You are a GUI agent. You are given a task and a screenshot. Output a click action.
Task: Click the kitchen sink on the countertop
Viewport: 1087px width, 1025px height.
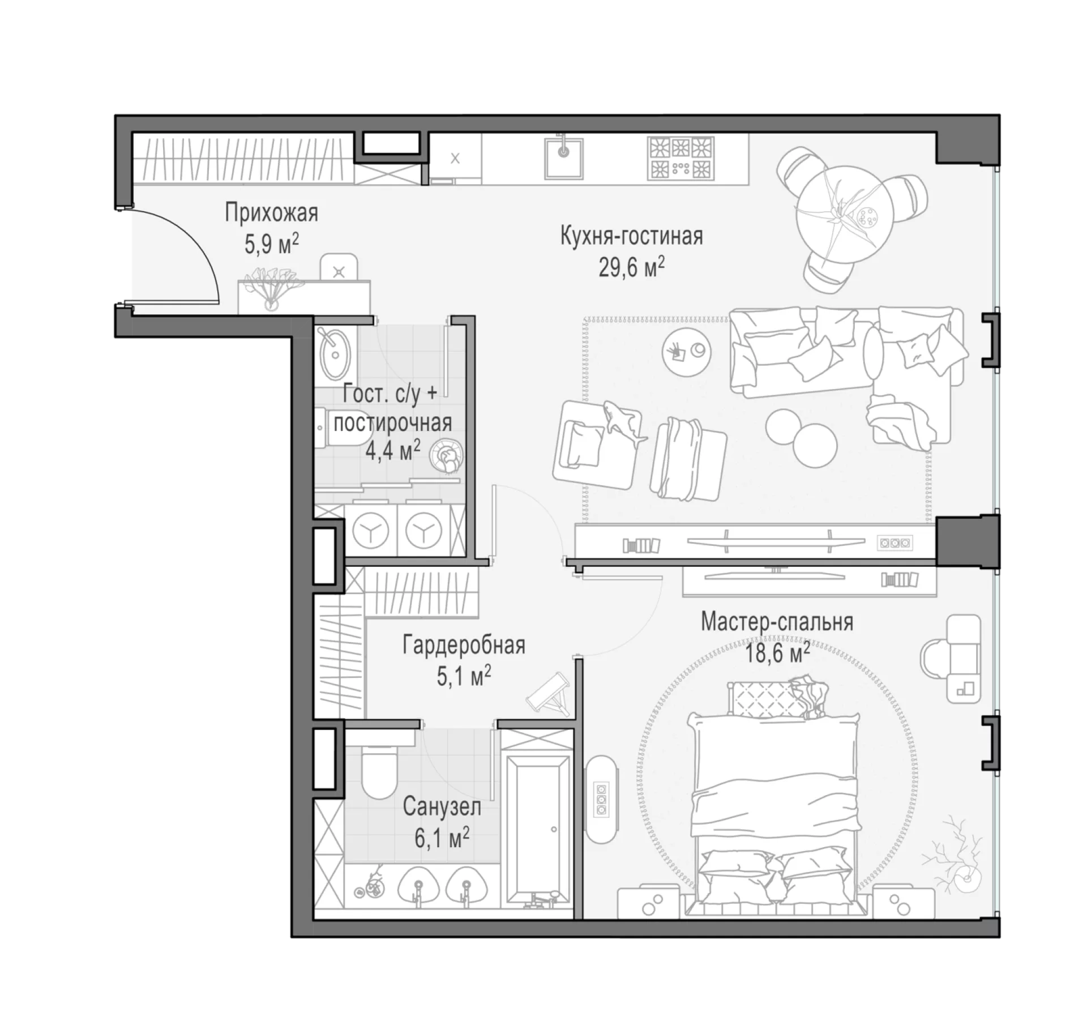564,157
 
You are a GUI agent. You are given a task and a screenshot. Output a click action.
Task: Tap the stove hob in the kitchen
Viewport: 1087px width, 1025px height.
681,157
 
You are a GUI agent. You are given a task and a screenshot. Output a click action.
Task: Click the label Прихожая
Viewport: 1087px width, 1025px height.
271,213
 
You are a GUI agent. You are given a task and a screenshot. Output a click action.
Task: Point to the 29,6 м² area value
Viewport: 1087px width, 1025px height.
631,267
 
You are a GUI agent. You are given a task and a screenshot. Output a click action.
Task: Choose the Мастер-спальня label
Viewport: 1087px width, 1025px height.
777,622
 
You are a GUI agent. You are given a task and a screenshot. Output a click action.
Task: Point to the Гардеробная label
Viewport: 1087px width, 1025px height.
464,646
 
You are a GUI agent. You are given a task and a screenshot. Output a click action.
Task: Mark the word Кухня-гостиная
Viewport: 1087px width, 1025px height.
631,236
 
